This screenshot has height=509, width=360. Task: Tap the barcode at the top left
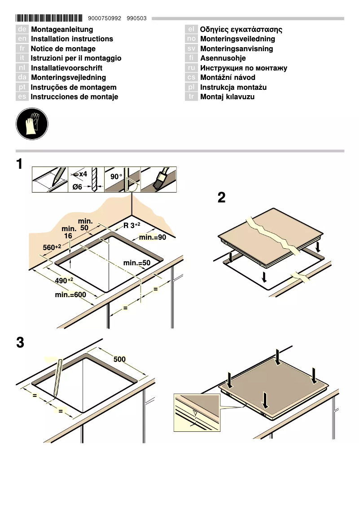(x=49, y=18)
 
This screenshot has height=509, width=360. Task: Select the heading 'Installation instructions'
(x=72, y=39)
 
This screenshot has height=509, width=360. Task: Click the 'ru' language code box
(x=191, y=68)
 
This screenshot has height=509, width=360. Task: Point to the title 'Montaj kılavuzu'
(x=227, y=97)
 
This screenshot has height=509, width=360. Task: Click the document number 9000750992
(x=105, y=19)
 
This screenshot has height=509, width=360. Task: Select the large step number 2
(x=221, y=197)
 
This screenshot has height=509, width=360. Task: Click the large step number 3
(x=20, y=343)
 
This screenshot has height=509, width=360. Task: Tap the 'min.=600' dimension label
(x=70, y=295)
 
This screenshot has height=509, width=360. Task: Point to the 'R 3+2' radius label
(x=132, y=225)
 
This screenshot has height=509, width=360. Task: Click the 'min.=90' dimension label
(x=153, y=237)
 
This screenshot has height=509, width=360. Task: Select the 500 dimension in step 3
(x=119, y=359)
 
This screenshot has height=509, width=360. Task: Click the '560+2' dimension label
(x=52, y=247)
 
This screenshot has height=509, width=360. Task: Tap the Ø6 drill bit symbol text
(x=77, y=187)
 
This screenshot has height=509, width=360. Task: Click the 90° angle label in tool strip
(x=116, y=176)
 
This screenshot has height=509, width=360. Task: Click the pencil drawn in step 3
(x=57, y=377)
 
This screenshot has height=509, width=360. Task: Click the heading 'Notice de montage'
(x=63, y=48)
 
